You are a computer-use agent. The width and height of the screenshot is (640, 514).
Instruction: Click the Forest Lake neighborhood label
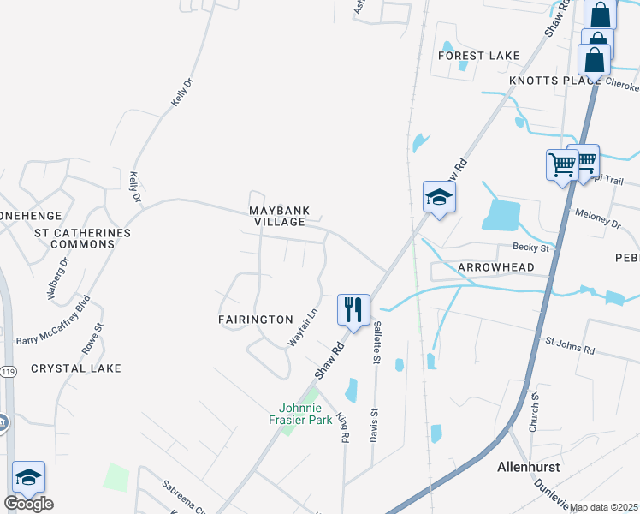pos(478,56)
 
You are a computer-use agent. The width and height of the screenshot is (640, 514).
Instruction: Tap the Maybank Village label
pos(278,216)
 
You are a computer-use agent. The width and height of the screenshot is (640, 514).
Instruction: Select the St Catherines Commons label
pos(82,238)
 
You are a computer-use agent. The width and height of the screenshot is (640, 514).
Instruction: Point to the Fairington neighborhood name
pos(255,319)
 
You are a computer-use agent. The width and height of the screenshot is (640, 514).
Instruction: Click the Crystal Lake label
pos(75,368)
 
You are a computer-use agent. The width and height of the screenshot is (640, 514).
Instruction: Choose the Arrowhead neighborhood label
pos(495,267)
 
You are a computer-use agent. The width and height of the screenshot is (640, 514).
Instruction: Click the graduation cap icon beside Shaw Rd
pos(439,197)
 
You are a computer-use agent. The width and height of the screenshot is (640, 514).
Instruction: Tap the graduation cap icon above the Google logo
pos(28,477)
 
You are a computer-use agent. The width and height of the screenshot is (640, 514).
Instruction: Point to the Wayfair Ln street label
pos(302,328)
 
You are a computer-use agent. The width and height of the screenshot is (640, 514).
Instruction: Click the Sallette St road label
pos(376,343)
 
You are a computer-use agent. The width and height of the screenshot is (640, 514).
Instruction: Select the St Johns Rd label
pos(569,347)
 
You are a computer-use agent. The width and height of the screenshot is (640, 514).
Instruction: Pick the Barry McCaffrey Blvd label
pos(53,321)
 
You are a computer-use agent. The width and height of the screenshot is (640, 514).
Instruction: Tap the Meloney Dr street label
pos(597,219)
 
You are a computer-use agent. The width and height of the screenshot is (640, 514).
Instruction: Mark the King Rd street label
pos(343,427)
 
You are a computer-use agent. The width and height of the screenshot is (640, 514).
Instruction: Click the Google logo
pos(28,504)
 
